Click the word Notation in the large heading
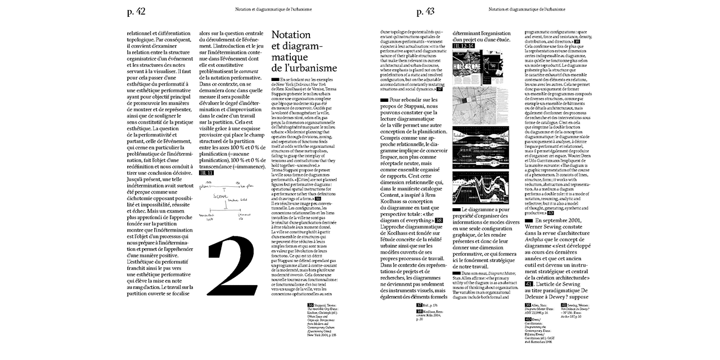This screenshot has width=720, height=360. click(x=291, y=35)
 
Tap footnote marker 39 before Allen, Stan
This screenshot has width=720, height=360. click(x=528, y=304)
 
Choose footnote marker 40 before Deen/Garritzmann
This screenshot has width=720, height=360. click(x=528, y=319)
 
